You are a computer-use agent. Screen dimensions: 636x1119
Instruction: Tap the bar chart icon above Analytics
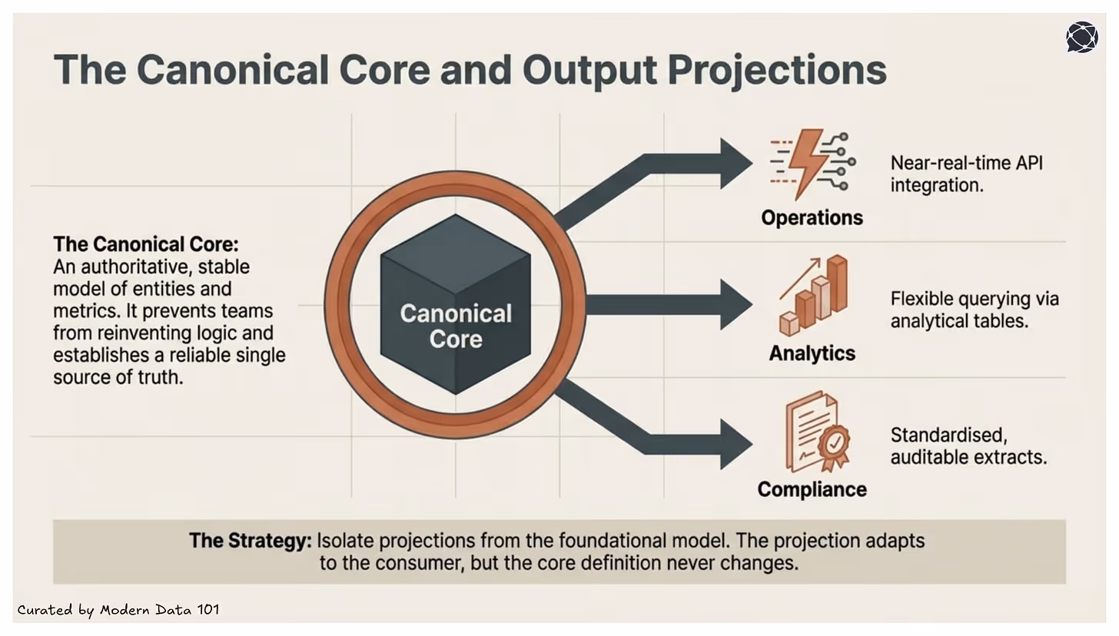coord(814,296)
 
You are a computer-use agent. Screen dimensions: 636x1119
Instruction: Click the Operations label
coord(812,217)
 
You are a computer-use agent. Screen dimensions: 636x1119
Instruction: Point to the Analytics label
coord(812,353)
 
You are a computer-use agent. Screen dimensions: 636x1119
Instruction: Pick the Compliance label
coord(812,489)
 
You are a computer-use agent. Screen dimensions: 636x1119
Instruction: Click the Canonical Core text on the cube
coord(456,326)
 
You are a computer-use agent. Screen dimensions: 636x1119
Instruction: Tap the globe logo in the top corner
coord(1082,37)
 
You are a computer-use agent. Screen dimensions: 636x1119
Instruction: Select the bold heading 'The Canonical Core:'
coord(146,245)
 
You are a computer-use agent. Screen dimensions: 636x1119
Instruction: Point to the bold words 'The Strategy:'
coord(250,540)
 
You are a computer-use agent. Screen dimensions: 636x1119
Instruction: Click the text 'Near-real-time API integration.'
coord(966,174)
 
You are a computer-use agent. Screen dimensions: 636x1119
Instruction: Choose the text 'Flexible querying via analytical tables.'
coord(974,310)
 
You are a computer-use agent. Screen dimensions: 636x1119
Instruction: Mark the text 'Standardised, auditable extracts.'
coord(968,446)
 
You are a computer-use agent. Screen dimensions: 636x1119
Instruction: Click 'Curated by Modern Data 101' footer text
coord(118,610)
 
